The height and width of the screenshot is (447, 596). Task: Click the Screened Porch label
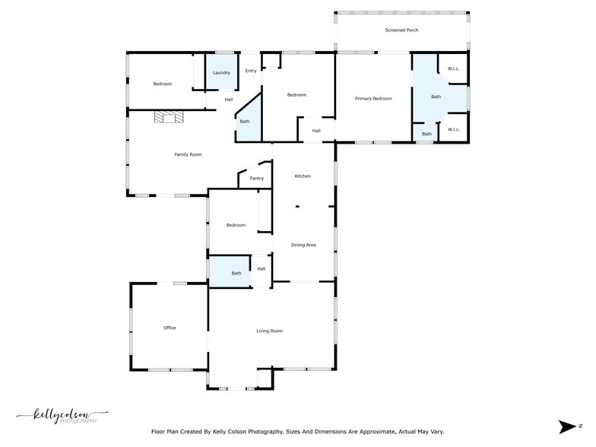click(x=402, y=30)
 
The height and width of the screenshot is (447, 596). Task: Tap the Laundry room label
click(x=221, y=73)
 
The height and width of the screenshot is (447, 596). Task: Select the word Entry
click(x=251, y=71)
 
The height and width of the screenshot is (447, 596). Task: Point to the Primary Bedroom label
click(x=373, y=99)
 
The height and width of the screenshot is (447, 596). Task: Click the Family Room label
click(x=188, y=155)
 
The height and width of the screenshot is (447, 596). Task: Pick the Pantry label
click(x=257, y=179)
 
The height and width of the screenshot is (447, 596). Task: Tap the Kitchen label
click(x=303, y=176)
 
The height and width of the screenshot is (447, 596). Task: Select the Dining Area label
click(x=303, y=245)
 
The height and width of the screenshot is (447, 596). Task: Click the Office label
click(x=170, y=328)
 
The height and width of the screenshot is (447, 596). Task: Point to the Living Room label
click(x=269, y=331)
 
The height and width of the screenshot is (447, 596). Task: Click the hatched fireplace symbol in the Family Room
click(x=169, y=116)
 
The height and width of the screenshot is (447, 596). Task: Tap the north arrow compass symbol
click(x=568, y=426)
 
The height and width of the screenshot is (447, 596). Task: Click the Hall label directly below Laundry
click(x=229, y=100)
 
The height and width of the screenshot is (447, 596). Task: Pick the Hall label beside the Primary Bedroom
click(x=316, y=131)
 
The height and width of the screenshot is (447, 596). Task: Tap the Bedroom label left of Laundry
click(x=163, y=84)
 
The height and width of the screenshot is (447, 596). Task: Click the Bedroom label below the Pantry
click(x=236, y=225)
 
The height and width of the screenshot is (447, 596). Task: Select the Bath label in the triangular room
click(x=245, y=122)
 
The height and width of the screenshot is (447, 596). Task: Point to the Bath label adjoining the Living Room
click(x=236, y=274)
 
